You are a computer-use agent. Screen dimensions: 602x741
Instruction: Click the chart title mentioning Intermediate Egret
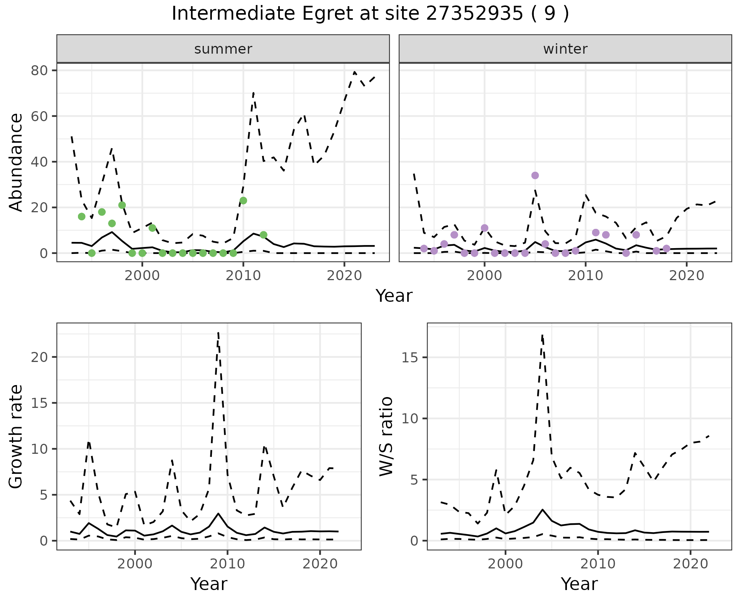(370, 14)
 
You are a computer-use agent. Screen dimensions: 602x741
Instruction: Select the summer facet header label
(223, 49)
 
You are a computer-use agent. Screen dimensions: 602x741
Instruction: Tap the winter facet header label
(565, 49)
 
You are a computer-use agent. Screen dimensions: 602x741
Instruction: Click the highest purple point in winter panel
(535, 176)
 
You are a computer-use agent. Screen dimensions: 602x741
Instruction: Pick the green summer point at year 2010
(243, 201)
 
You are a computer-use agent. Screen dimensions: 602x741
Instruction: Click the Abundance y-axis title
(16, 162)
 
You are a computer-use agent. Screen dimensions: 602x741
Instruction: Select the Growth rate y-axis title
(16, 436)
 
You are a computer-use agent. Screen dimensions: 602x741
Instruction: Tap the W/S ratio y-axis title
(386, 436)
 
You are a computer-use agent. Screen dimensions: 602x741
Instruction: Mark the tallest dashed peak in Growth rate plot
(218, 333)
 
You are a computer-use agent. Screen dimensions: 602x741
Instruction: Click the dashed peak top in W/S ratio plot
(542, 335)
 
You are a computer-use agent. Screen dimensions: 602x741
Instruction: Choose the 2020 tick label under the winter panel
(687, 276)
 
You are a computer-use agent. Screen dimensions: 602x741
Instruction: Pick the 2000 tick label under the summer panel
(142, 276)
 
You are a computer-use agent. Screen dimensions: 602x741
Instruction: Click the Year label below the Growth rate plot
(209, 584)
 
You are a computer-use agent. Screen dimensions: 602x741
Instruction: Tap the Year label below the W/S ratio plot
(579, 584)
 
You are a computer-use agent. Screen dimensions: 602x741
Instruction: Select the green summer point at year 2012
(264, 235)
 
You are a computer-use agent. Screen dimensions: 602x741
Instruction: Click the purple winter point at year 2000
(484, 228)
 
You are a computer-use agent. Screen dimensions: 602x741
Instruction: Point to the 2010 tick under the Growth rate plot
(227, 564)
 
